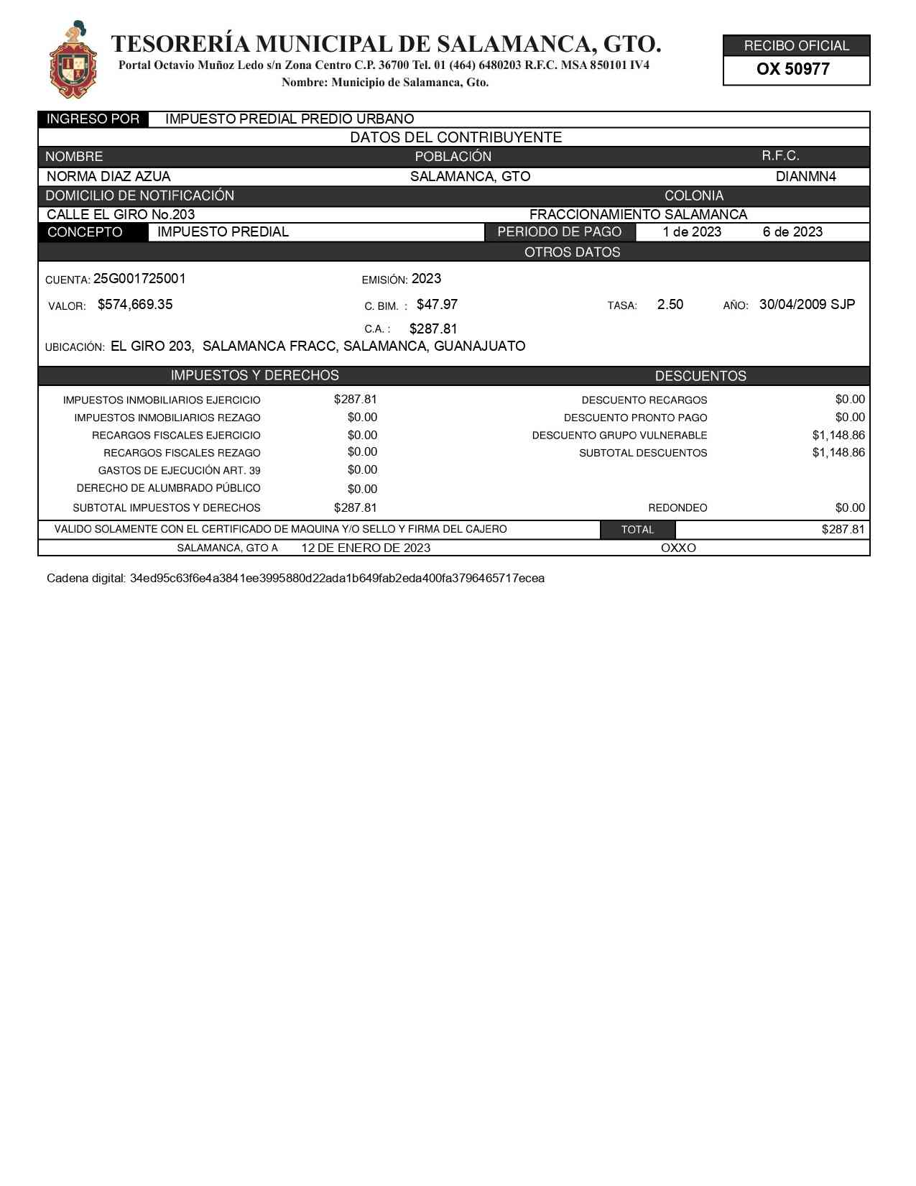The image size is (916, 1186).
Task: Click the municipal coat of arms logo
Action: click(x=73, y=60)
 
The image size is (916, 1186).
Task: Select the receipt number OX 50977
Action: click(x=792, y=70)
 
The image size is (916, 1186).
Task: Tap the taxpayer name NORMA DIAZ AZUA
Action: click(x=108, y=177)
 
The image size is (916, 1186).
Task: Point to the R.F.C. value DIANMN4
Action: click(x=805, y=177)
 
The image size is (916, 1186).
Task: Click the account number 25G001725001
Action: click(x=139, y=279)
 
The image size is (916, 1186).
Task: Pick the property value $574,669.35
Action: click(x=135, y=305)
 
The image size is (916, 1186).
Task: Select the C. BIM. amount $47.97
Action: click(x=437, y=305)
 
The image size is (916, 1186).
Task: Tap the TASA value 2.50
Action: click(x=670, y=305)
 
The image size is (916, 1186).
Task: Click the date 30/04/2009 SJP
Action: click(x=807, y=305)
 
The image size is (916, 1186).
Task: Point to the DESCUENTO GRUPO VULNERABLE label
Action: click(x=619, y=436)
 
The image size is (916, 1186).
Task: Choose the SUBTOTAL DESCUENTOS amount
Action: click(x=838, y=453)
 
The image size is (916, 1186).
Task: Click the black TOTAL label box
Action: click(x=637, y=530)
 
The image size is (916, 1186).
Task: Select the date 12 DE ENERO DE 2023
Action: click(x=366, y=548)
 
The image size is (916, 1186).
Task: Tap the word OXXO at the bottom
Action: click(x=678, y=548)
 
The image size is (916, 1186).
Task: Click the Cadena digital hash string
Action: click(x=337, y=579)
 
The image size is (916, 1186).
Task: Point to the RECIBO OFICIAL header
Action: click(x=796, y=46)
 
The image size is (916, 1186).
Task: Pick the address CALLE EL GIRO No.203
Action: click(x=121, y=215)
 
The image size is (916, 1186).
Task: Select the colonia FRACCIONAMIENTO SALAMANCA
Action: click(x=638, y=215)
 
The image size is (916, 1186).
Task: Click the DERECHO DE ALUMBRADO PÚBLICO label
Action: click(x=168, y=489)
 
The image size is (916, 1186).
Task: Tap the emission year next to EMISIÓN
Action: click(x=426, y=279)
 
